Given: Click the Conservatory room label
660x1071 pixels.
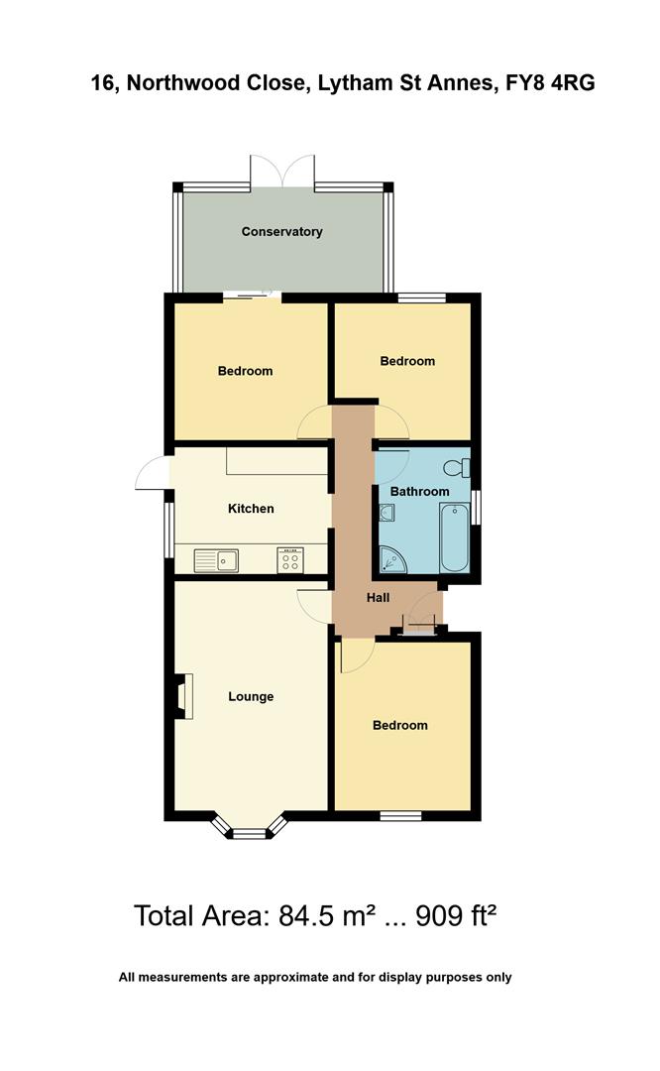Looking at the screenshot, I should pyautogui.click(x=282, y=232).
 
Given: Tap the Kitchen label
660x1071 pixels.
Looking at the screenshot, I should pyautogui.click(x=251, y=509).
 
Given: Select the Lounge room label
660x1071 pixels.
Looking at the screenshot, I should pyautogui.click(x=251, y=697).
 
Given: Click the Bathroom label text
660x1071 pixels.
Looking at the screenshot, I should pyautogui.click(x=419, y=492).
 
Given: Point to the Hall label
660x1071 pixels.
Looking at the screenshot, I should pyautogui.click(x=379, y=598).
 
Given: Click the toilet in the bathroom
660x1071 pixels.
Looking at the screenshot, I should pyautogui.click(x=458, y=467).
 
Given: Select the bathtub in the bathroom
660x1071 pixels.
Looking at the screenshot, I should pyautogui.click(x=455, y=537).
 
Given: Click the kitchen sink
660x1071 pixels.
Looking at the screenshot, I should pyautogui.click(x=217, y=561).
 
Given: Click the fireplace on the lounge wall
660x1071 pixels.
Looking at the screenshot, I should pyautogui.click(x=183, y=696).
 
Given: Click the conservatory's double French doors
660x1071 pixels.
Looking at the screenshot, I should pyautogui.click(x=282, y=171).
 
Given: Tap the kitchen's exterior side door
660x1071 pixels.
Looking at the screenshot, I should pyautogui.click(x=153, y=470).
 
